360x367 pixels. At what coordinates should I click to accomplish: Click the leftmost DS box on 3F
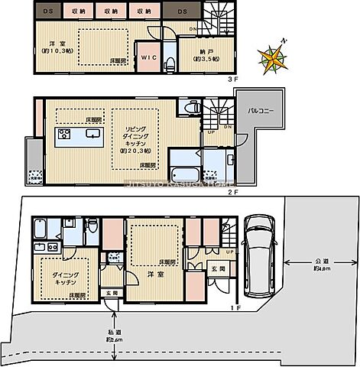point(48,11)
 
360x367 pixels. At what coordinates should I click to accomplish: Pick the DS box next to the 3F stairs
point(183,11)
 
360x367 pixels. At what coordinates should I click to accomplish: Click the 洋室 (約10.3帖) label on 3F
point(55,47)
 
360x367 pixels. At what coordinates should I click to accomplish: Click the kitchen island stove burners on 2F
point(63,135)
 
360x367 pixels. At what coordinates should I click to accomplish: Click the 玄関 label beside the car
point(216,269)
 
